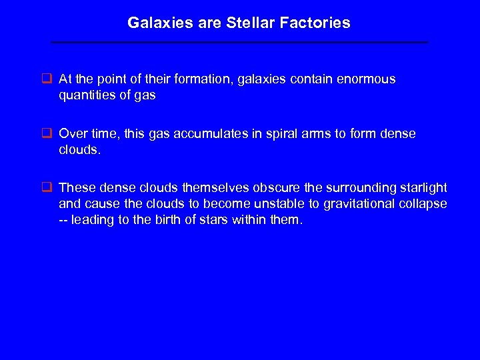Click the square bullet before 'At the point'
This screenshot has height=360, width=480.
click(47, 79)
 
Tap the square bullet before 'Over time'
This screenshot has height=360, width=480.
click(47, 134)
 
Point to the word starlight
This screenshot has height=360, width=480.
click(421, 189)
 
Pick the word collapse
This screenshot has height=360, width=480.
click(424, 204)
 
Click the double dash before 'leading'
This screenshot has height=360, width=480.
click(65, 219)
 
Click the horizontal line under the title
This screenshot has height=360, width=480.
click(239, 43)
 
